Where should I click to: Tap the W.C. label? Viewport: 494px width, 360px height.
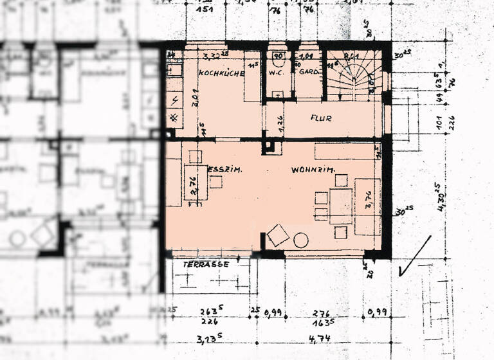[x=277, y=72]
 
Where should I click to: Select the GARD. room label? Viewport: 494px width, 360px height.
[x=309, y=72]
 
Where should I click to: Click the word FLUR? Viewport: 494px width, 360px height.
[x=320, y=118]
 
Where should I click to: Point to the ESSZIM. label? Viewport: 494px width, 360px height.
[x=224, y=170]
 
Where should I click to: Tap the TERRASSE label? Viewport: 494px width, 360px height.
[x=206, y=264]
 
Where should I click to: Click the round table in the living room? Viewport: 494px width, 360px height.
[x=300, y=241]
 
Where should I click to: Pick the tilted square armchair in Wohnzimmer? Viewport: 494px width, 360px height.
[x=278, y=235]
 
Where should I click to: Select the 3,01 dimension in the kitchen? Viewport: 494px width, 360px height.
[x=194, y=100]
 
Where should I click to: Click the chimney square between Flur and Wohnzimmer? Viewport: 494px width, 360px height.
[x=271, y=148]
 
